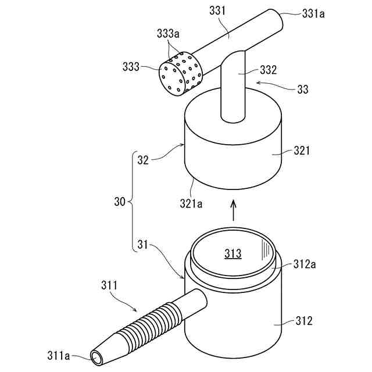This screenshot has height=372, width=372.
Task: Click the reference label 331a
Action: point(313,12)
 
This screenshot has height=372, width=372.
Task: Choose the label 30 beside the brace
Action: point(120,203)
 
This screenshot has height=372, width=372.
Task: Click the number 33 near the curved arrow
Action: point(302,90)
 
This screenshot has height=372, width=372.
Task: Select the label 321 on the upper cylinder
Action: point(302,150)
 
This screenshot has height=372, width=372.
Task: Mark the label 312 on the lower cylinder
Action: point(303,320)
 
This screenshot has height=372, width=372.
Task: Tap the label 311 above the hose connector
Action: point(109,285)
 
